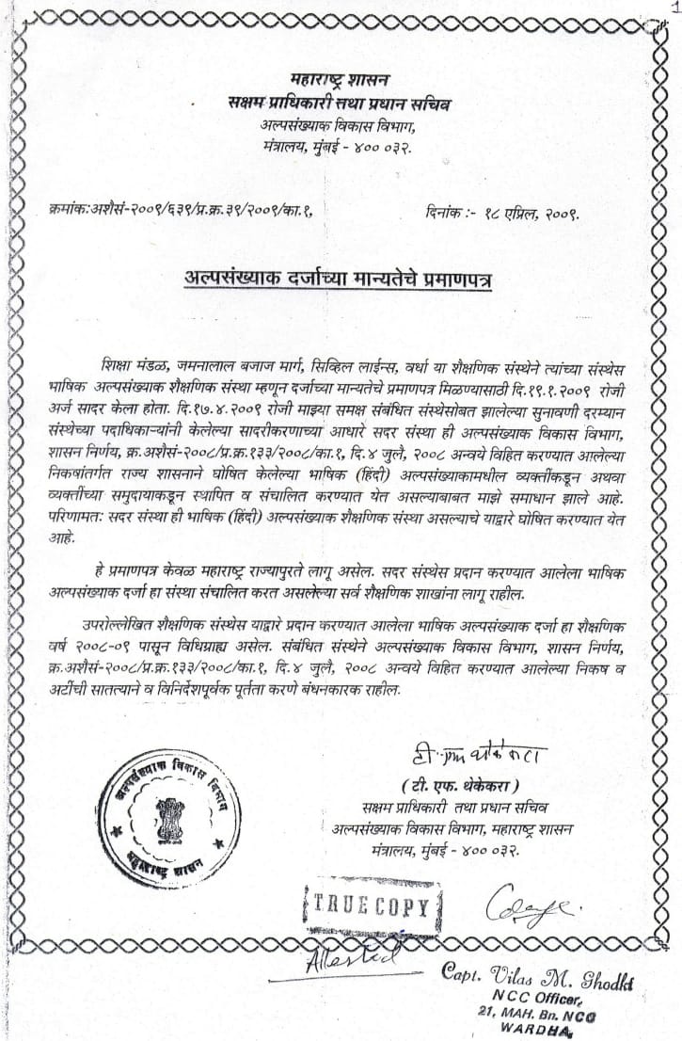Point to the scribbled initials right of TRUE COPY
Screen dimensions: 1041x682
click(x=527, y=906)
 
